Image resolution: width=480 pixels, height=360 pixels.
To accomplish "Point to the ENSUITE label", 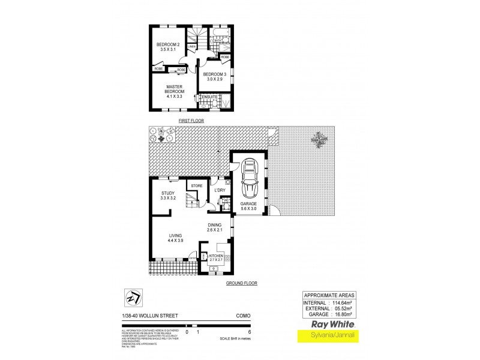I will point(209,97).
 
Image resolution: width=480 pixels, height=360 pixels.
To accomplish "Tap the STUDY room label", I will point(167,194).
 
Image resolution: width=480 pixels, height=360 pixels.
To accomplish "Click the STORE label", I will point(197,187).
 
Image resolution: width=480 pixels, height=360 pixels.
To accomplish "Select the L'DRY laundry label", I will point(220,191).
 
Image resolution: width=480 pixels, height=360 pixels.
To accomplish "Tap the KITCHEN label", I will point(215,257).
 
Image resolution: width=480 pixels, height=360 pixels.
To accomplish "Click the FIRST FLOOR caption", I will point(191,121).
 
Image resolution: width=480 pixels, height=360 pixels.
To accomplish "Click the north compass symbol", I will point(133,297).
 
